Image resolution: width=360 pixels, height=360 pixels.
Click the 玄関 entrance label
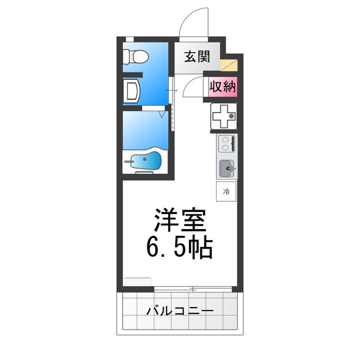tap(196, 56)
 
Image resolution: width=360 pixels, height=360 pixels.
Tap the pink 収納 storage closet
tap(223, 87)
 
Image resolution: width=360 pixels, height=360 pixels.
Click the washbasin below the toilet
tap(132, 91)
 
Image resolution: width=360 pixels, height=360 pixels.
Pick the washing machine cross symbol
tap(224, 117)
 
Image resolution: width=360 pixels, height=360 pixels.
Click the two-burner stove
tap(227, 145)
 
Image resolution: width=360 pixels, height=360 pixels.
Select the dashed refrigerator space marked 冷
tap(227, 192)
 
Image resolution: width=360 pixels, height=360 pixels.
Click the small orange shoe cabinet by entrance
tap(229, 65)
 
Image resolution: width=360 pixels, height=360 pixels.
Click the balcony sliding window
tap(193, 289)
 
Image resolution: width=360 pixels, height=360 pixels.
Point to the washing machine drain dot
tap(224, 117)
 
